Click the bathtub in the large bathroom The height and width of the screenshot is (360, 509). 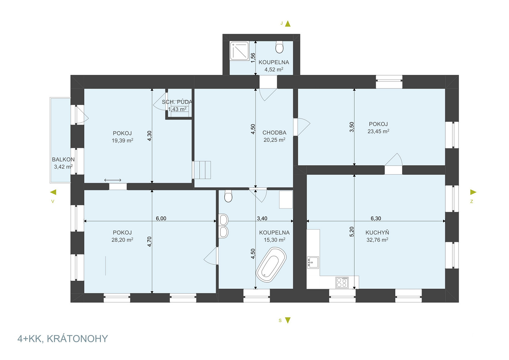point(271,265)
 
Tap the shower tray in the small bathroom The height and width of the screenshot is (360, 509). point(239,51)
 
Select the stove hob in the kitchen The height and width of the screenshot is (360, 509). point(342,283)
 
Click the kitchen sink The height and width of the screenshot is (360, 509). point(313,263)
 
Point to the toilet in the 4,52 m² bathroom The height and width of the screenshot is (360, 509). point(279,47)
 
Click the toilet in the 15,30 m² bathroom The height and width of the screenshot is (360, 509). point(228,196)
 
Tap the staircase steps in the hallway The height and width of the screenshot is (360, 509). point(202,170)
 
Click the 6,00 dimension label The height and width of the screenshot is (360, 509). point(161,219)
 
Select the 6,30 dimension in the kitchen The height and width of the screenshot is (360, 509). point(376,219)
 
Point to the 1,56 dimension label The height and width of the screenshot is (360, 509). point(253,58)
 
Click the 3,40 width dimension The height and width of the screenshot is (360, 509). point(262,219)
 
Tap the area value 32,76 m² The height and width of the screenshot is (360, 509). point(377,240)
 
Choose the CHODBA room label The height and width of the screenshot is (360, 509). point(274,132)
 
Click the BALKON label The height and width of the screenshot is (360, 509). point(63,159)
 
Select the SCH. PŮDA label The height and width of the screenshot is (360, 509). point(177,102)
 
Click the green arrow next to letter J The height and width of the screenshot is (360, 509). point(288,24)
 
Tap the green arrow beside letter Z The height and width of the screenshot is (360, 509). point(473,192)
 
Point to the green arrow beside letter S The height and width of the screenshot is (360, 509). point(288,320)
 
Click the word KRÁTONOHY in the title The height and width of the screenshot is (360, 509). point(77,339)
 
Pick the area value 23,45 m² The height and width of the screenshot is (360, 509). point(378,131)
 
